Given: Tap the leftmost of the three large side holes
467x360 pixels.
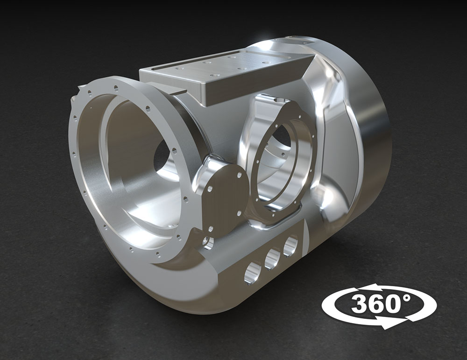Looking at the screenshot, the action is tap(253, 273).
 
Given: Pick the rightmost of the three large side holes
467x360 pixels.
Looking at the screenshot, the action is tap(290, 246).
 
